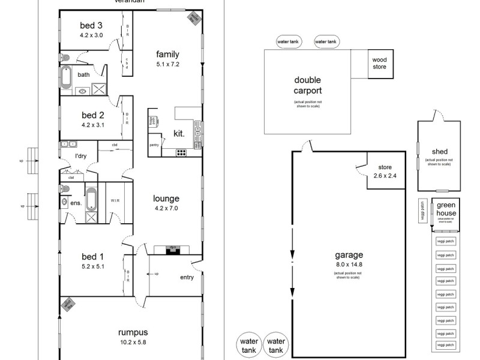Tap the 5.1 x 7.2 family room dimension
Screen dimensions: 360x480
tap(167, 63)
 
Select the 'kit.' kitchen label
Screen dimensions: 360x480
tap(178, 133)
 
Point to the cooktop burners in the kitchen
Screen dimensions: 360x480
tap(181, 152)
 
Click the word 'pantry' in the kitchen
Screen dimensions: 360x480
tap(154, 145)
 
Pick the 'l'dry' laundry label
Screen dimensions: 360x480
tap(81, 156)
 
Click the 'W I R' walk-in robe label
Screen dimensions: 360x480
tap(116, 201)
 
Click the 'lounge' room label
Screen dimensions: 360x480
tap(166, 199)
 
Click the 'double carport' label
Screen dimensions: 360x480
tap(307, 85)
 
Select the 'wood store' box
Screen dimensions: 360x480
tap(379, 64)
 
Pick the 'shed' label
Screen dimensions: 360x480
tap(439, 152)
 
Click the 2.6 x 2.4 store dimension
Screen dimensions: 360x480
tap(385, 176)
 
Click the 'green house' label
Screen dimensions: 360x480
tap(446, 209)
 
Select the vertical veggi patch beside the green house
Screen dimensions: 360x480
tap(423, 211)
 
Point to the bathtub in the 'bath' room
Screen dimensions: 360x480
tap(66, 77)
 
